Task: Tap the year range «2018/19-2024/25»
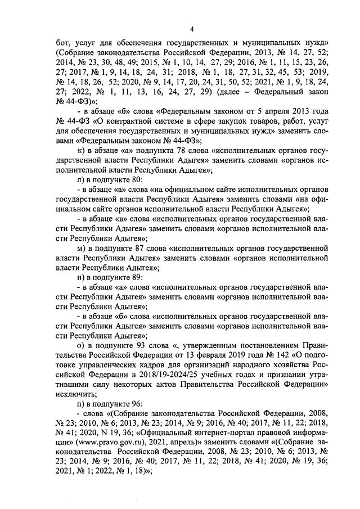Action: tap(170, 377)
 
